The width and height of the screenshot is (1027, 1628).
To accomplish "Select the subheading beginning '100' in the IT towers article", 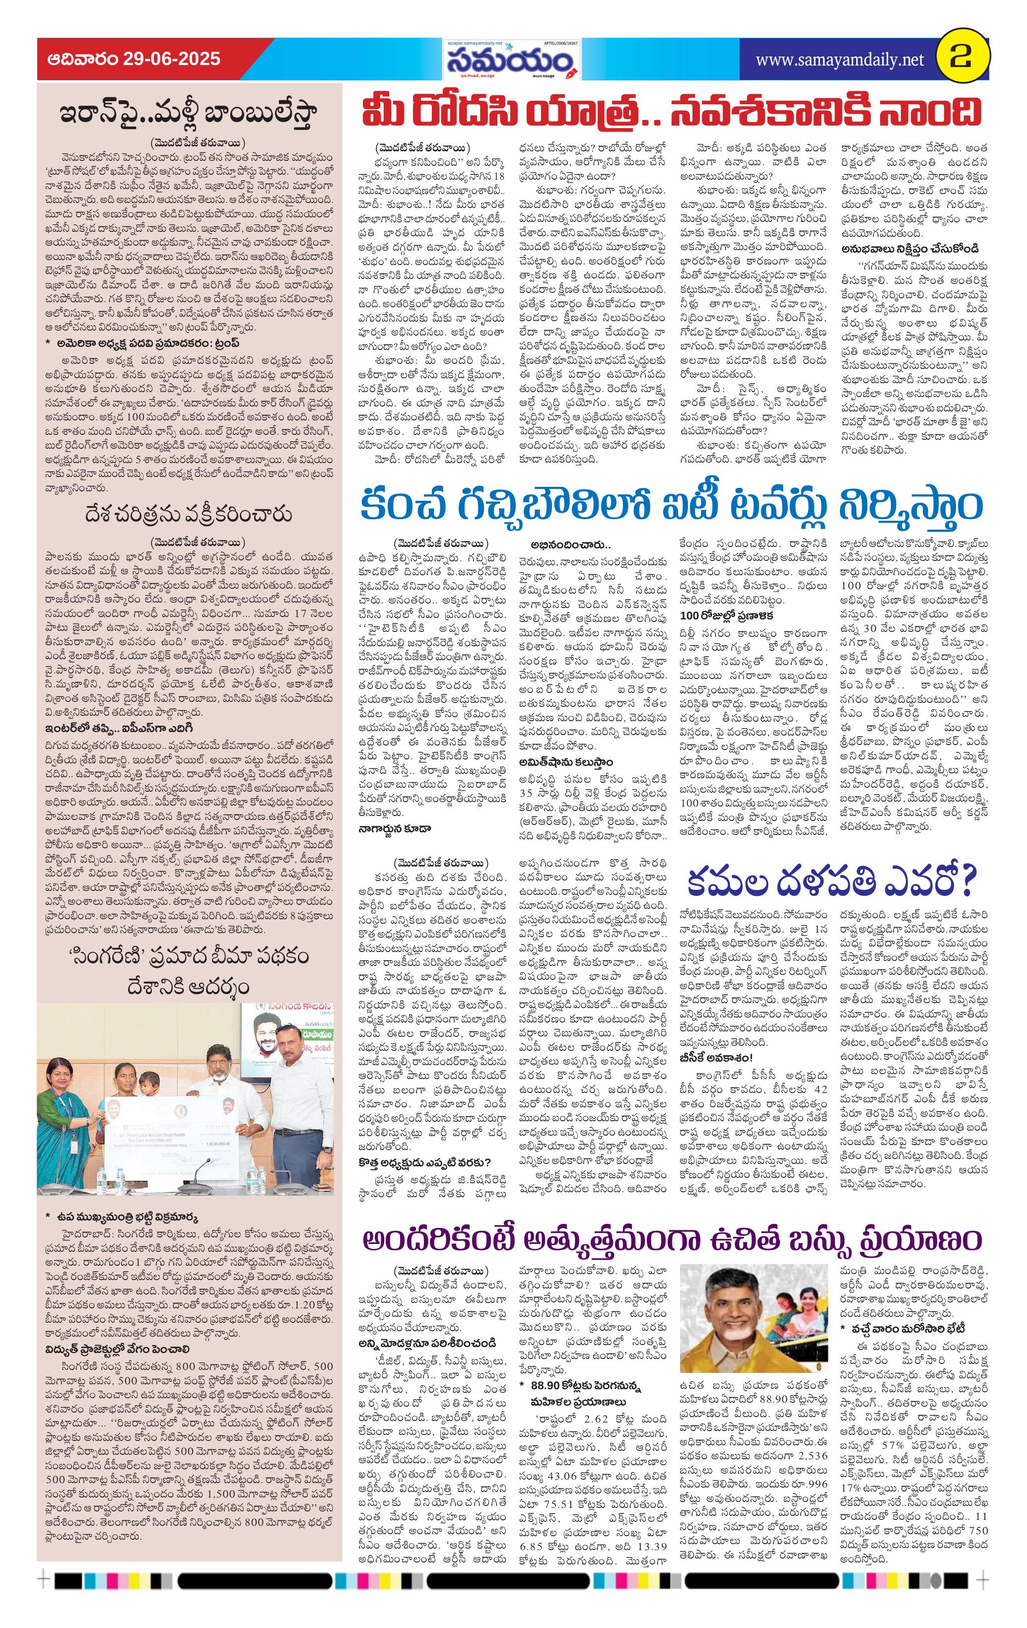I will (727, 615).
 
